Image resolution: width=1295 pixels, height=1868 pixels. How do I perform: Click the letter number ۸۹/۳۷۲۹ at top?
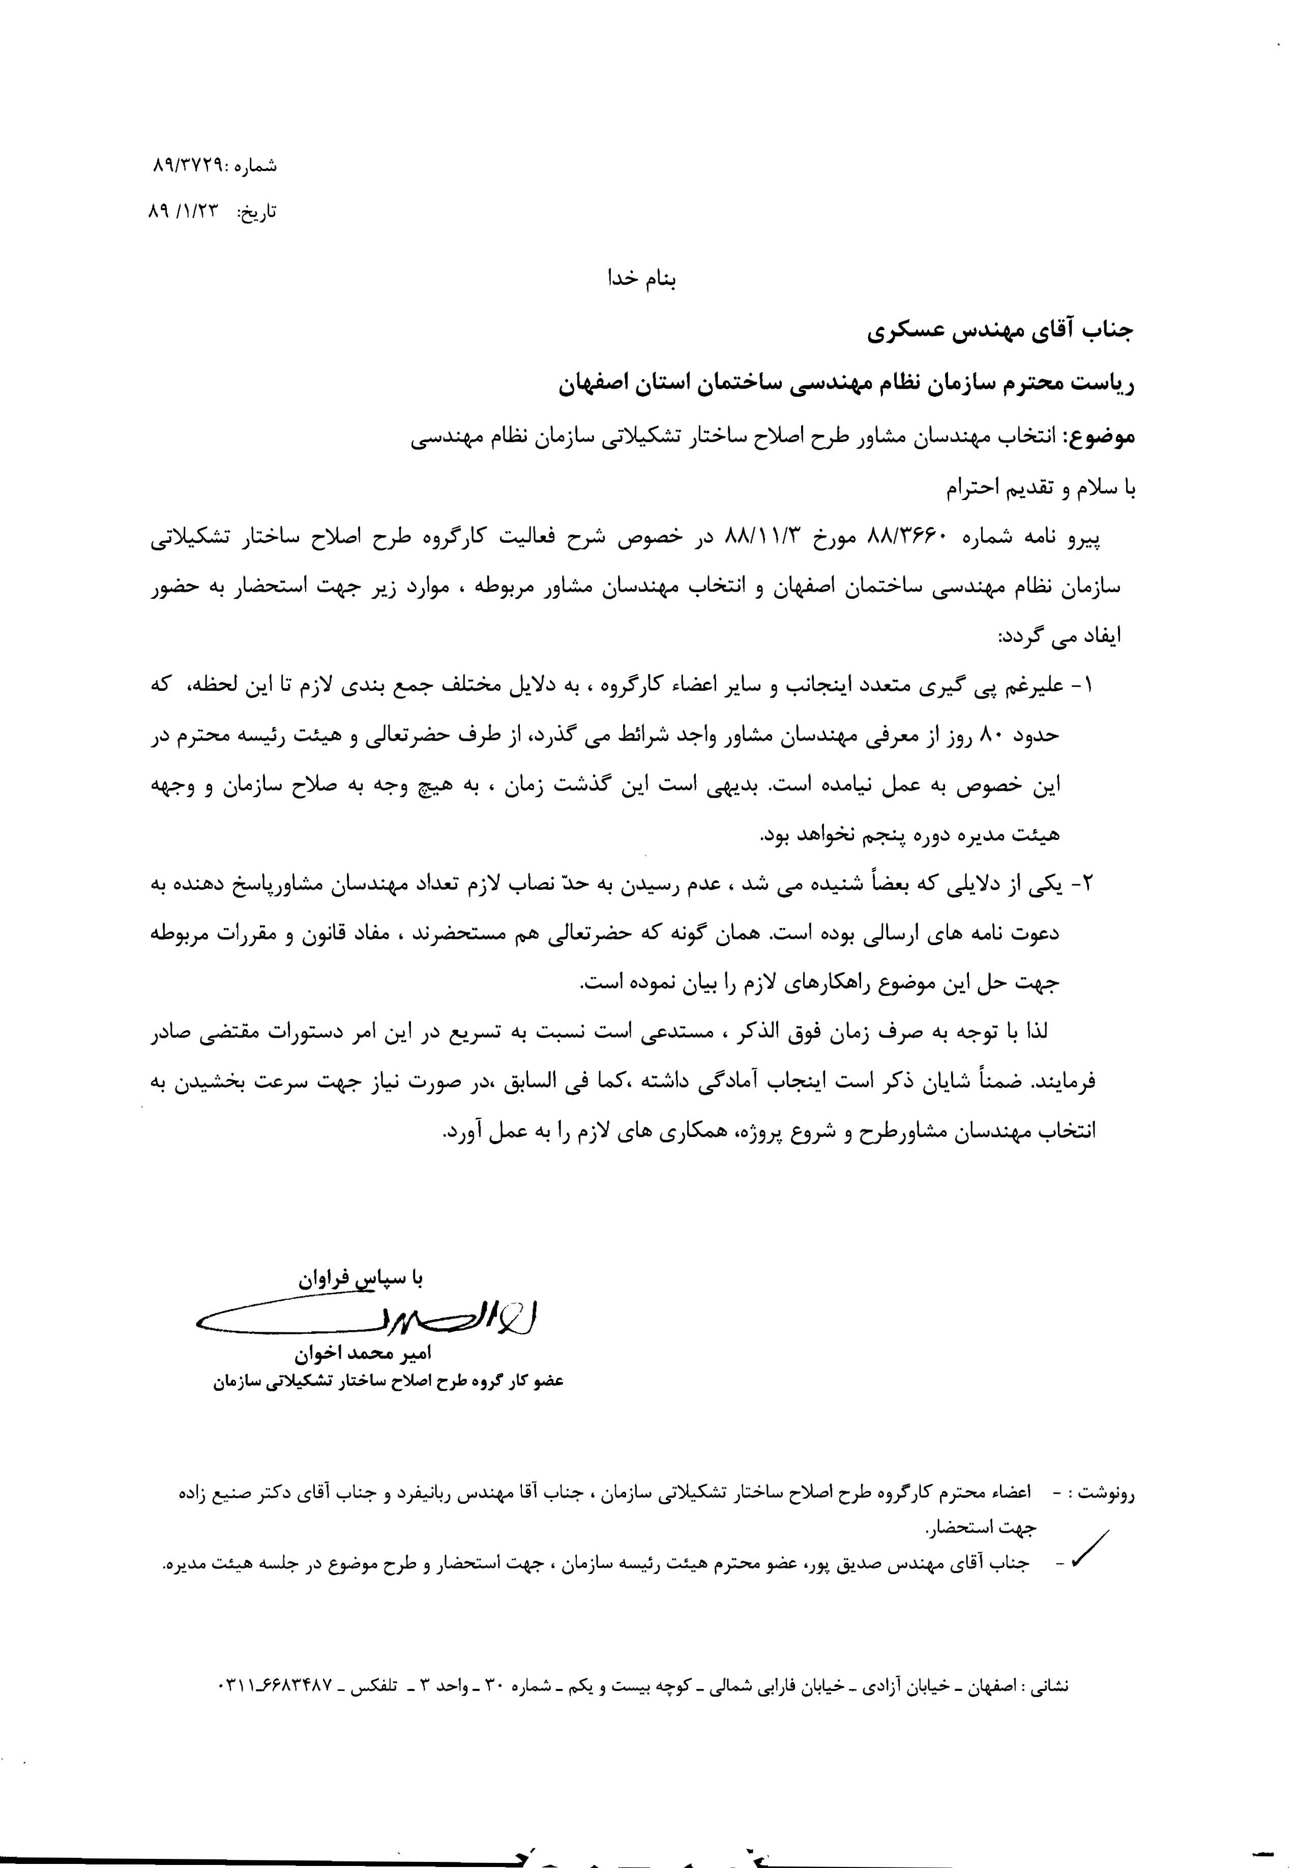(191, 165)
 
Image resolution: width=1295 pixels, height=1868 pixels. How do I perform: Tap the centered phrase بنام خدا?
(642, 279)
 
